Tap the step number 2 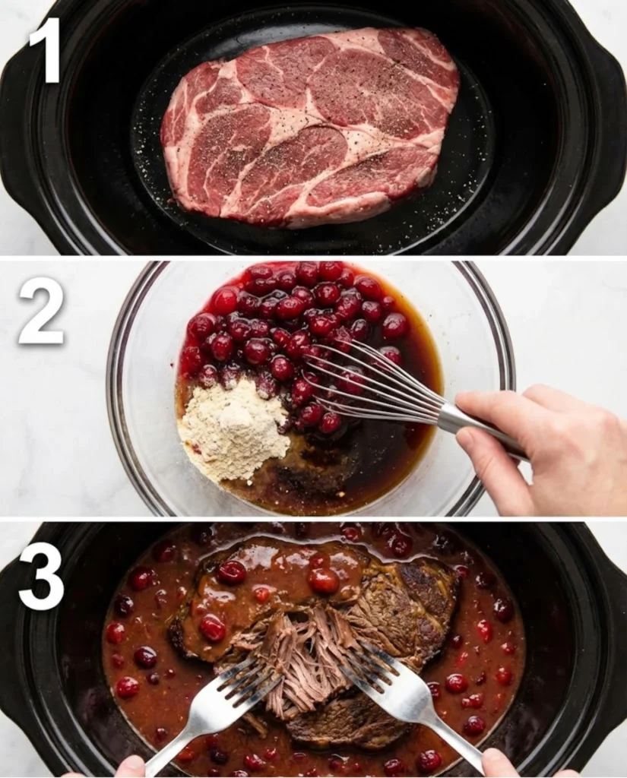(x=41, y=311)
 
